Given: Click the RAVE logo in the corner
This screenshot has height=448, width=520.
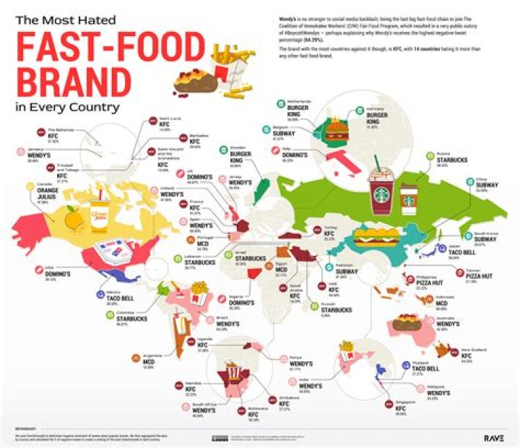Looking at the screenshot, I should coord(494,437).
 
